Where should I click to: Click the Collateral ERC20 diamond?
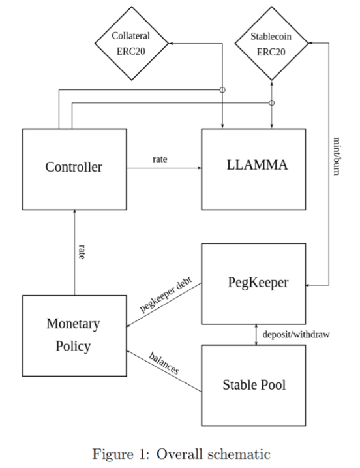132,43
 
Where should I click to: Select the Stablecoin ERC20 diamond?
271,43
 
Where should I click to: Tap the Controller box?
74,169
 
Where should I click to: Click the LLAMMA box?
254,169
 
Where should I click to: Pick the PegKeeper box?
254,284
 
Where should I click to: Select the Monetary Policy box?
74,335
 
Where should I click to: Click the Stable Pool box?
254,385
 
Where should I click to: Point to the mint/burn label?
337,156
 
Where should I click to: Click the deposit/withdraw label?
296,335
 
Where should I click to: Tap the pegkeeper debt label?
166,294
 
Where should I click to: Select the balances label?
164,363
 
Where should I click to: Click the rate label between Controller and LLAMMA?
160,159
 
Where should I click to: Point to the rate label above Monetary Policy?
82,251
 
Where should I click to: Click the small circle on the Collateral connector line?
222,89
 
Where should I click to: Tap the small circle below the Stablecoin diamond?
271,102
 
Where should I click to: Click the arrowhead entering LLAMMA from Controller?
200,168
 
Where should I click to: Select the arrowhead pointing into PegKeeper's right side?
308,285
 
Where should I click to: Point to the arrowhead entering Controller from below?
74,212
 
